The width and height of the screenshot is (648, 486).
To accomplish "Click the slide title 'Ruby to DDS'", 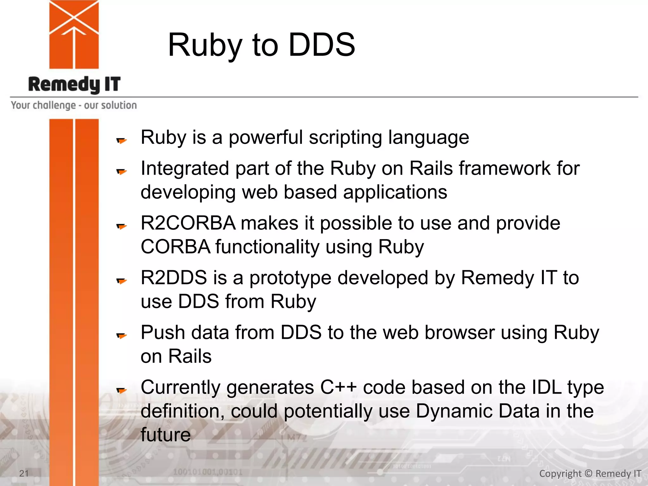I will click(x=261, y=45).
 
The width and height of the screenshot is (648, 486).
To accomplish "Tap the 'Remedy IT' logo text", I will click(x=74, y=84).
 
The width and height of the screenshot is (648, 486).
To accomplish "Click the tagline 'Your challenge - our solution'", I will click(x=74, y=105).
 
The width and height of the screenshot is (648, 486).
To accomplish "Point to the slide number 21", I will click(x=24, y=473).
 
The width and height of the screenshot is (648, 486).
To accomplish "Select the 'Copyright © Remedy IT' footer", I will click(x=590, y=474).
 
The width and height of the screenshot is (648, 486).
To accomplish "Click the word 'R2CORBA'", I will click(x=188, y=223).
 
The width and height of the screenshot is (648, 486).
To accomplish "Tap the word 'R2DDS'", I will click(x=174, y=277).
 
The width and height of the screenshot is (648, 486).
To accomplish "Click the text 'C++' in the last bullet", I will click(x=339, y=387).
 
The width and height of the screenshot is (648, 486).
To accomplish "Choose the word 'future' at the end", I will click(x=165, y=435).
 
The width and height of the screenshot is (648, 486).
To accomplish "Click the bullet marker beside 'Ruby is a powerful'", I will click(x=121, y=140).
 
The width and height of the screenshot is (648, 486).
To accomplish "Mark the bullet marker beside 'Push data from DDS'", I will click(x=121, y=335).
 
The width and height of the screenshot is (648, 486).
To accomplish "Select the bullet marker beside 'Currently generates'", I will click(x=121, y=390).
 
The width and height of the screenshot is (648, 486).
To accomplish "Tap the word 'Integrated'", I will click(x=185, y=168).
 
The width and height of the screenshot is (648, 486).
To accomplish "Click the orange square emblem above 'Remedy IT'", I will click(x=74, y=34).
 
